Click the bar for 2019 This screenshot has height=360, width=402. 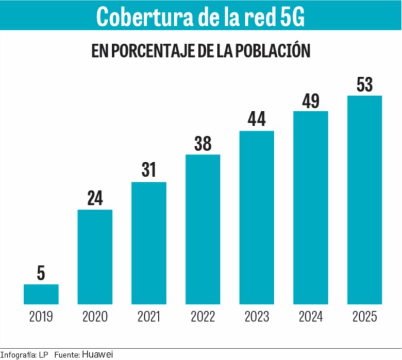tap(41, 294)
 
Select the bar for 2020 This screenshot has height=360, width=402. tap(95, 256)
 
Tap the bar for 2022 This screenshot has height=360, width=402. tap(203, 229)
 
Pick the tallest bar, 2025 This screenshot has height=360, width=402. tap(364, 200)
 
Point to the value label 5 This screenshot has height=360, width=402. tap(41, 273)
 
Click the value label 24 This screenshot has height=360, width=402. tap(95, 199)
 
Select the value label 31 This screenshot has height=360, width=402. tap(149, 170)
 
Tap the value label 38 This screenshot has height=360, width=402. tap(203, 144)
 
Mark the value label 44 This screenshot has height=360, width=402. tap(257, 119)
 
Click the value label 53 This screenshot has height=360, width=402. tap(364, 84)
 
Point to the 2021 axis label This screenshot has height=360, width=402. tap(149, 317)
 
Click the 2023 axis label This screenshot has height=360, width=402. tap(257, 317)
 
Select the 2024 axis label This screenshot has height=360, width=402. tap(311, 317)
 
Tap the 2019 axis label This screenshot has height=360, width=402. tap(41, 317)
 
